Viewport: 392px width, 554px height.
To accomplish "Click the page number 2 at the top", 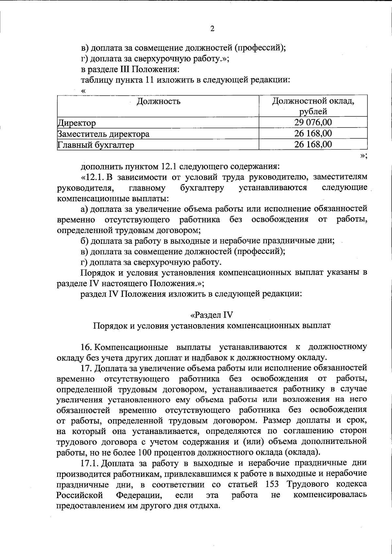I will click(x=212, y=29).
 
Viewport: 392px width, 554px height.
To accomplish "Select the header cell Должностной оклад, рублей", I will click(x=313, y=106).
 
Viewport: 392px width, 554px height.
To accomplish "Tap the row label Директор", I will click(x=76, y=123).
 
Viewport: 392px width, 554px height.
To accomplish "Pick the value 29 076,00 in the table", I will click(x=313, y=123).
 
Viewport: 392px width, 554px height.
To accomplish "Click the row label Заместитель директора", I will click(x=103, y=134).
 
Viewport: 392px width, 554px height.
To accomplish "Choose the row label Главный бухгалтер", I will click(x=96, y=145).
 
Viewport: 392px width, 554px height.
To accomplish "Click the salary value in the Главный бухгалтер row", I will click(x=313, y=144).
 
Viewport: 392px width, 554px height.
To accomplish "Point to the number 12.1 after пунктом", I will click(x=169, y=166).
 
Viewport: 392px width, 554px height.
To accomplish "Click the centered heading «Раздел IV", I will click(x=212, y=315).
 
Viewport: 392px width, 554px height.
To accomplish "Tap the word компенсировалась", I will click(x=330, y=495).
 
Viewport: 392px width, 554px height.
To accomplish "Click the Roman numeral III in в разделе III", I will click(x=125, y=69).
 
